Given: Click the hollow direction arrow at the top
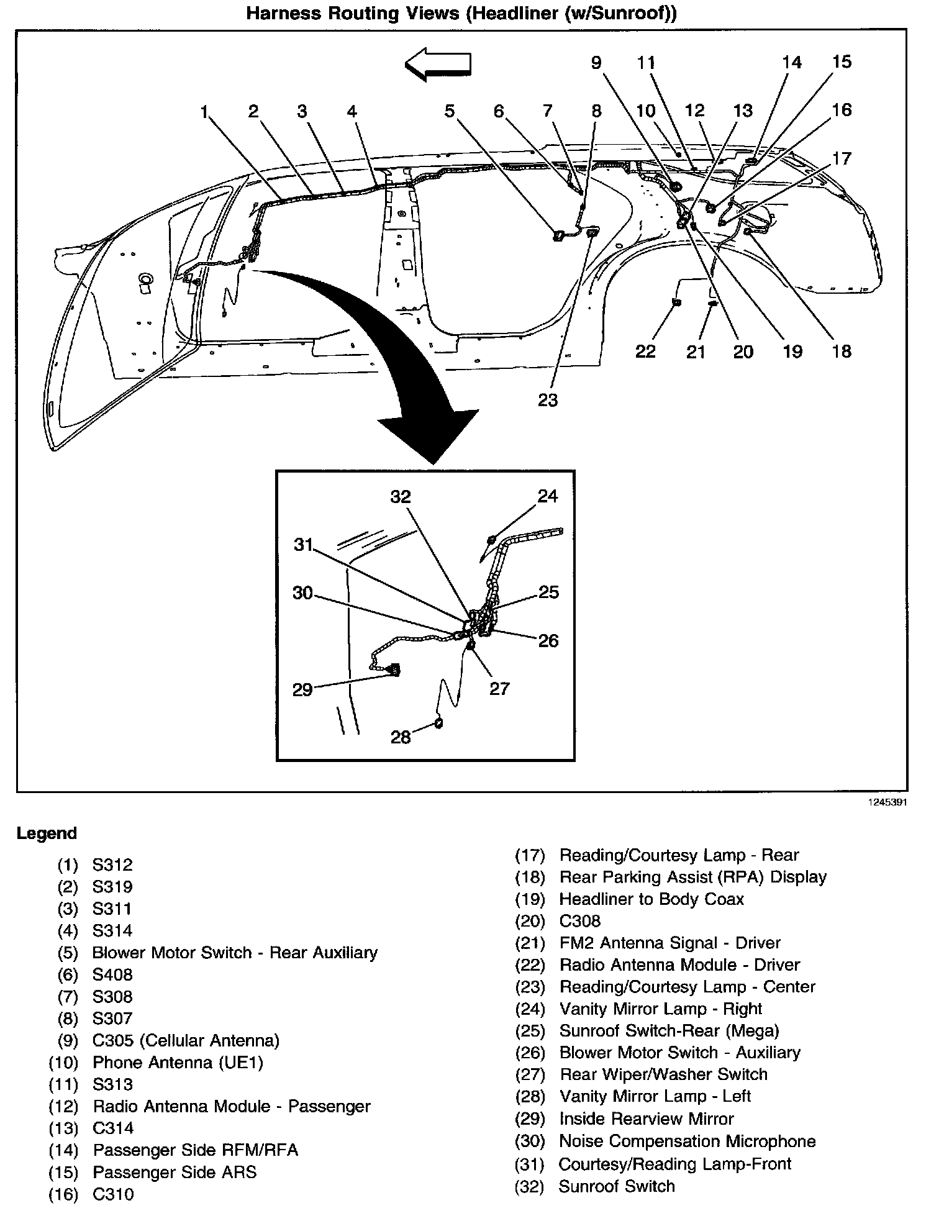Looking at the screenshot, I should pos(438,65).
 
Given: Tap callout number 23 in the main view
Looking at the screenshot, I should pos(548,400).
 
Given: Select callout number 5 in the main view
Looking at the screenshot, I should pos(449,111).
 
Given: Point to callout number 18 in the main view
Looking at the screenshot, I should pos(842,352).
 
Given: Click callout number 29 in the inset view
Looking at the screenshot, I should pos(302,689).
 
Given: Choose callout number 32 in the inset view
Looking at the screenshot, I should pos(401,497).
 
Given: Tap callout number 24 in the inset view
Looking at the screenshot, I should pos(548,496).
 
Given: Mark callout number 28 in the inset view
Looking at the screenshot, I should pos(401,737).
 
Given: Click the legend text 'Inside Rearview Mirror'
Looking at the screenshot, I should pos(647,1118).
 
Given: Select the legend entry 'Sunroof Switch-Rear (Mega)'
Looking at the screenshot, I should pos(669,1030).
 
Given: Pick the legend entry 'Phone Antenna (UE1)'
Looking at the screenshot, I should pos(178,1062).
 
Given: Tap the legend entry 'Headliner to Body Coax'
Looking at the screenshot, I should pos(651,899).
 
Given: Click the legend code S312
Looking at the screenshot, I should pos(112,864).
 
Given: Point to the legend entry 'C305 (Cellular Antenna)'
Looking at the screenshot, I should pos(186,1040).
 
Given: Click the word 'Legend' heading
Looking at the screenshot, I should pos(47,833).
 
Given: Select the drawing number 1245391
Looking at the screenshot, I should pos(887,802).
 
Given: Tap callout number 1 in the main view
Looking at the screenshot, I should pos(204,112).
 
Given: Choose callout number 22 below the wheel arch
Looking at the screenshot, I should pos(645,352).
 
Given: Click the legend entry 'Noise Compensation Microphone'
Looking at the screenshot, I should pos(688,1141).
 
